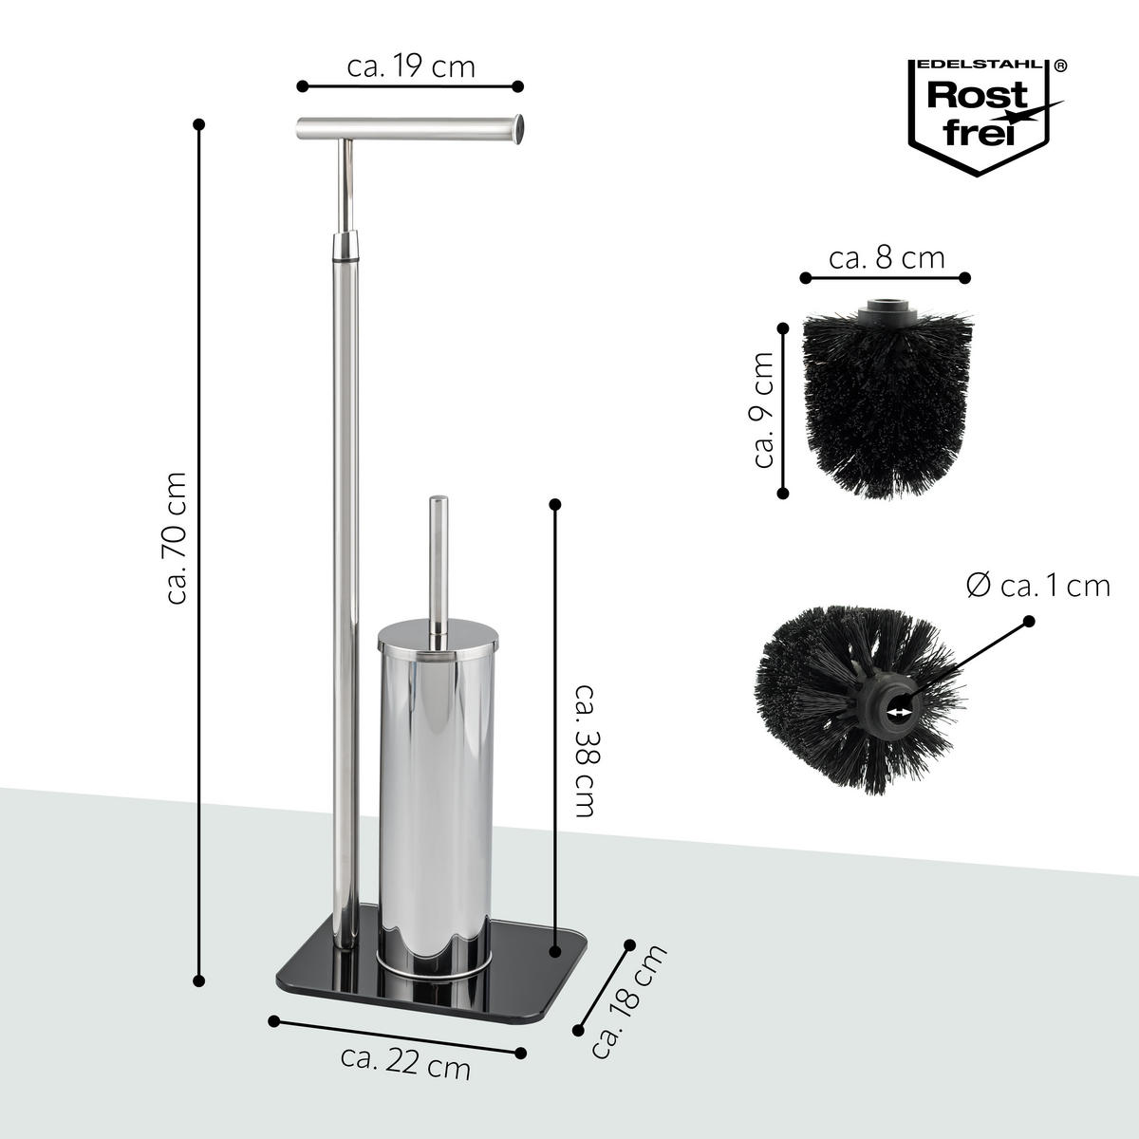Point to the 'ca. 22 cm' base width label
click(x=406, y=1065)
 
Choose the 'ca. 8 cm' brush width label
click(x=887, y=257)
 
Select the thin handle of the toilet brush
click(x=439, y=560)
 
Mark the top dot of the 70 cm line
click(x=198, y=124)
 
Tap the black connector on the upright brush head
click(x=885, y=309)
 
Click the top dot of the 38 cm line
click(x=555, y=504)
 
